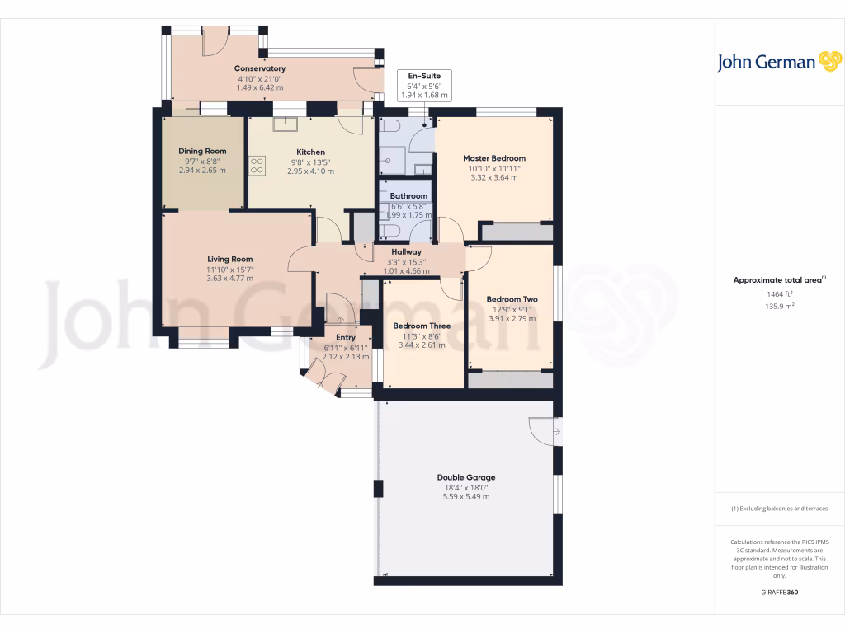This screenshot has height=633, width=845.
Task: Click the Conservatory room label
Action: click(x=260, y=68)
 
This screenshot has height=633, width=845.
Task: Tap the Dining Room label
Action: click(x=202, y=151)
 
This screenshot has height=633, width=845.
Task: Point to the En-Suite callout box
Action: click(x=422, y=85)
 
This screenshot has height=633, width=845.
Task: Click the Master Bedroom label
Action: click(x=493, y=158)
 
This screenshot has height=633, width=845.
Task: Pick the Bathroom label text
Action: click(x=408, y=196)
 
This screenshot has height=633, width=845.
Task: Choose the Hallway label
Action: click(x=406, y=252)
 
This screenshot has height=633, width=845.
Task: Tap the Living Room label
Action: click(x=229, y=259)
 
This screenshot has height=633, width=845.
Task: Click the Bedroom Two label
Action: click(x=512, y=299)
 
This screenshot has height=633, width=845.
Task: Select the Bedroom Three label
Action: click(x=422, y=326)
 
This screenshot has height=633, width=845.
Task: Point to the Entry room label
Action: click(x=345, y=337)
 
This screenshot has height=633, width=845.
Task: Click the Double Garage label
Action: click(x=466, y=477)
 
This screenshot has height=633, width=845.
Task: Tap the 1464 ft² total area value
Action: click(x=779, y=293)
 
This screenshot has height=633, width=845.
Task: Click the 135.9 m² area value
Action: click(x=779, y=306)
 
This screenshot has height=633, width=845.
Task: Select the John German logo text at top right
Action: click(x=767, y=63)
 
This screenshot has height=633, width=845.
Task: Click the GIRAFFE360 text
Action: click(x=779, y=592)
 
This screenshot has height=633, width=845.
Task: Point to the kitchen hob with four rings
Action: click(x=257, y=165)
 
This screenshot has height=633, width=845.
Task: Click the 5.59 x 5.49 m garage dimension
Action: click(x=466, y=497)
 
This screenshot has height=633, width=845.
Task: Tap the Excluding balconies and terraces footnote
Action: click(x=779, y=509)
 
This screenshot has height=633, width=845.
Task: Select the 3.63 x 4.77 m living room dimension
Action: click(x=229, y=279)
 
